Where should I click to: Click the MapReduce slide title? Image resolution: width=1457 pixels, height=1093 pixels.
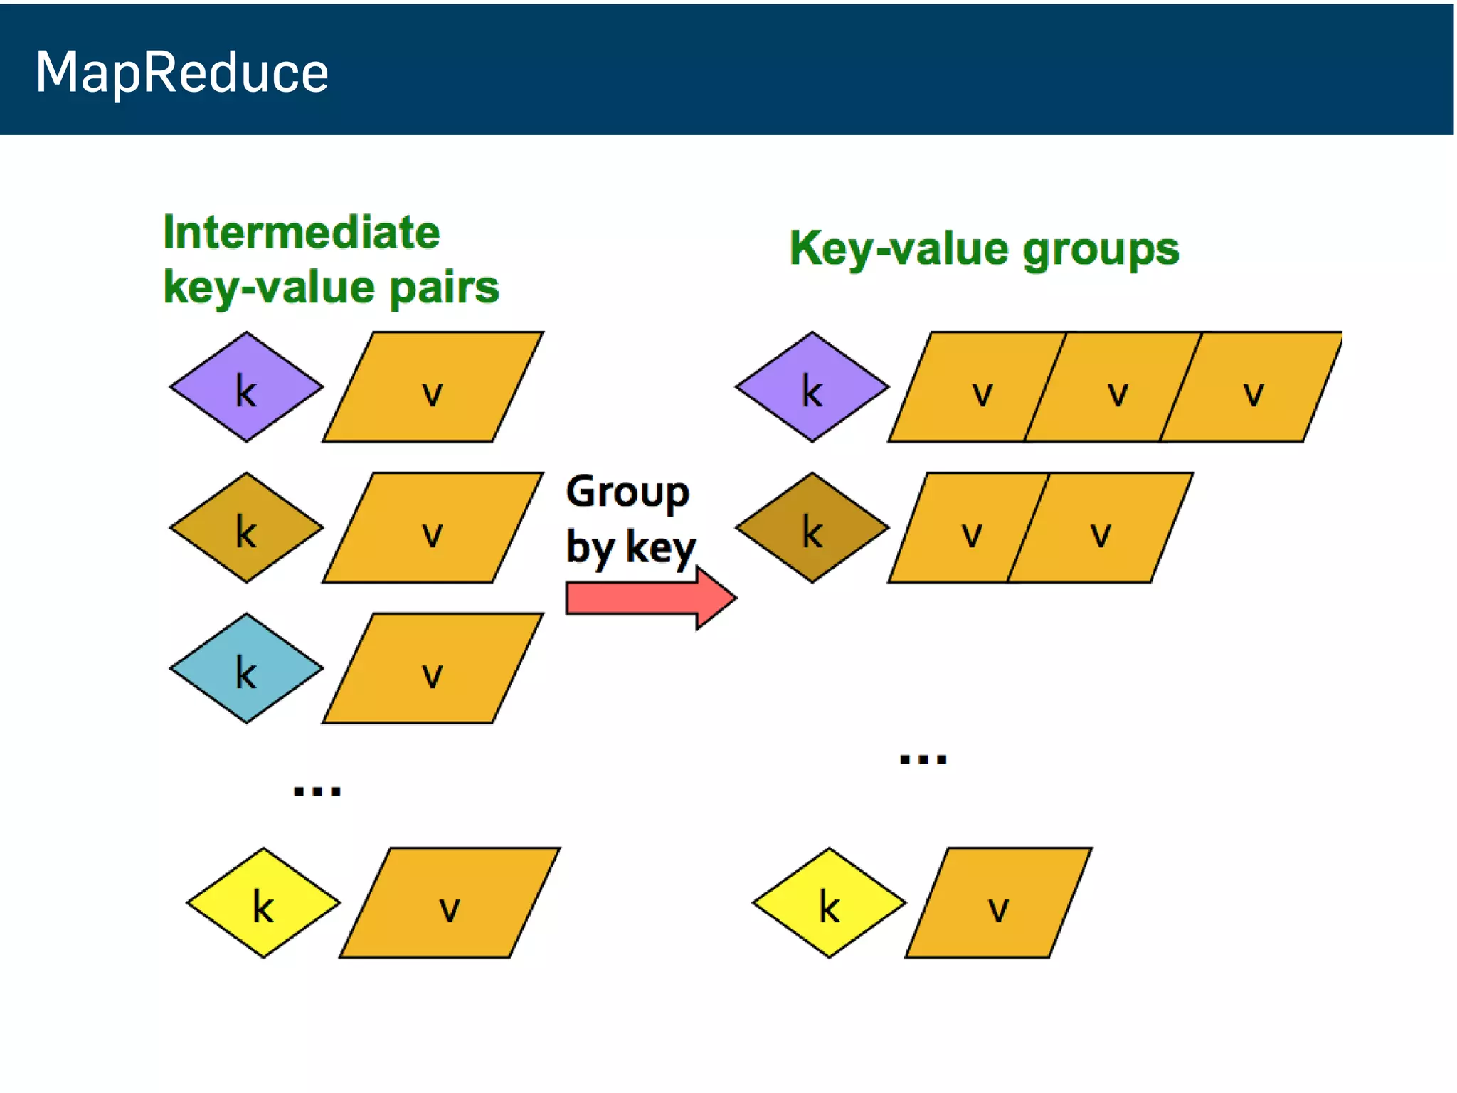[x=182, y=73]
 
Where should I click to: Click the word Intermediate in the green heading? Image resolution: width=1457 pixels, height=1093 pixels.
[x=302, y=233]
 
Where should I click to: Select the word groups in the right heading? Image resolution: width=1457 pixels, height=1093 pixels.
[x=1101, y=250]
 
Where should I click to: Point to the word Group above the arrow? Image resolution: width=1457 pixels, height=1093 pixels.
[x=627, y=492]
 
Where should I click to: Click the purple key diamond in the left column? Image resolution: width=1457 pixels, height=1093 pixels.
[x=246, y=387]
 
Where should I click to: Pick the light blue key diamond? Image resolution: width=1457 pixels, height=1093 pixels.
[x=246, y=668]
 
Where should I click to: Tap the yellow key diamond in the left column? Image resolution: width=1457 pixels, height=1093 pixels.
[x=263, y=903]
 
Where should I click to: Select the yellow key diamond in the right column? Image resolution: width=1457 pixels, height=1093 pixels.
[x=829, y=903]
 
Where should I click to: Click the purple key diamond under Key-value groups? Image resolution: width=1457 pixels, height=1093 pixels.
[x=812, y=387]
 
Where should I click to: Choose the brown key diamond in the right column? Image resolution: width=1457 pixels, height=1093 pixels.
[x=812, y=528]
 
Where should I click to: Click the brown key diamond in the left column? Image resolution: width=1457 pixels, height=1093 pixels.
[x=246, y=528]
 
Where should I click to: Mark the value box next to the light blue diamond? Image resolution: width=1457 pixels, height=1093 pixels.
[x=433, y=669]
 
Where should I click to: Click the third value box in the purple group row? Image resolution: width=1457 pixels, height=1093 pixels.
[x=1253, y=388]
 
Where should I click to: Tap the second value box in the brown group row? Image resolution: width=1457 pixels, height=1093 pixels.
[x=1101, y=528]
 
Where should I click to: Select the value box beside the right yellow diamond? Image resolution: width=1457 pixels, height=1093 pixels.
[x=998, y=903]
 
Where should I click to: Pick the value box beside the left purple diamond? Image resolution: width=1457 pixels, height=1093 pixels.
[x=433, y=388]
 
